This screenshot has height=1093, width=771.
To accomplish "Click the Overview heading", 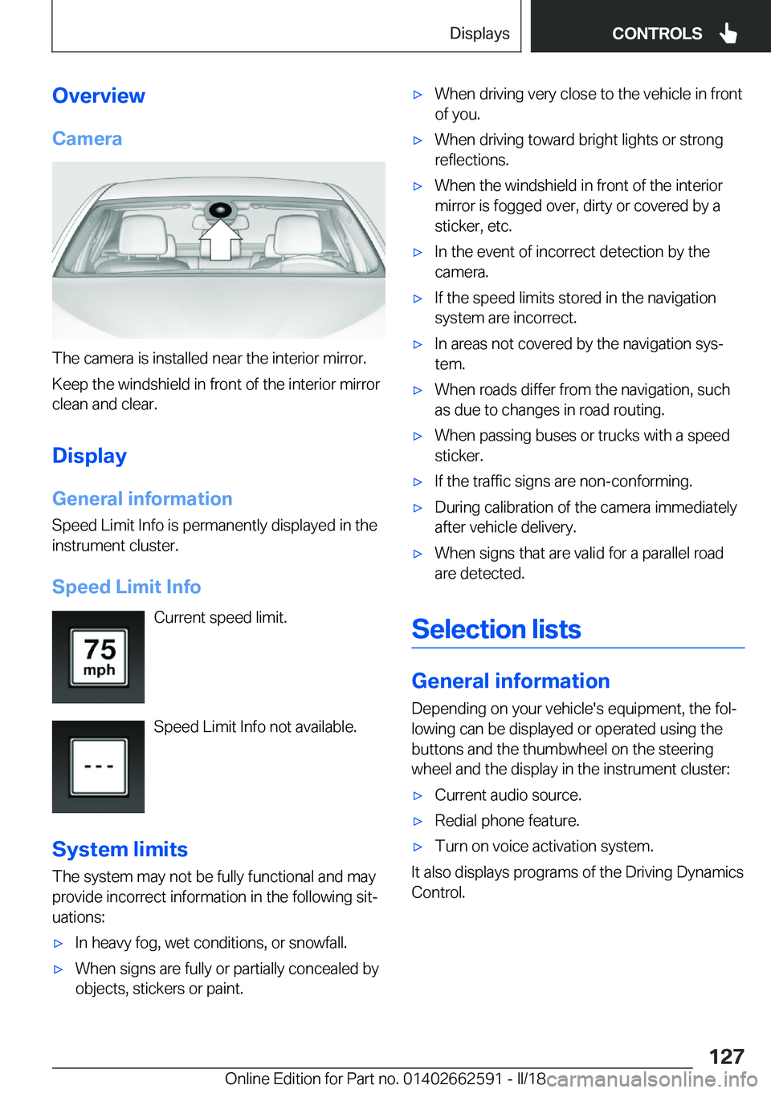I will click(x=99, y=95).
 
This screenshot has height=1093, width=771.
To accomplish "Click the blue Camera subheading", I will click(x=87, y=139).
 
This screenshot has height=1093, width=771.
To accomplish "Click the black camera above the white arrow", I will click(x=219, y=211).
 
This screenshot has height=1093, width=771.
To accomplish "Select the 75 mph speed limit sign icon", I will click(x=99, y=657).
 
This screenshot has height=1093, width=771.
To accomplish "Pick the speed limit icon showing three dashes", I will click(x=99, y=766).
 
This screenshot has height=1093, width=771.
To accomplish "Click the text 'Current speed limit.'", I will click(x=220, y=617).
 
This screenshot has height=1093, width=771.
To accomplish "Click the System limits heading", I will click(x=120, y=849).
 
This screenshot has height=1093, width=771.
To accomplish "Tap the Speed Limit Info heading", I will click(x=126, y=587).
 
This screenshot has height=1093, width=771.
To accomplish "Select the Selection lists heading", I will click(x=496, y=629).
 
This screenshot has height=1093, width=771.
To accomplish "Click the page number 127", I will click(x=726, y=1056).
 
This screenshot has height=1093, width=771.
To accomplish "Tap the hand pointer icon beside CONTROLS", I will click(x=728, y=33).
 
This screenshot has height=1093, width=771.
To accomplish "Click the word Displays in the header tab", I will click(x=479, y=33).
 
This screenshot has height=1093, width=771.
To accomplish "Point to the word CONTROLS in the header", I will click(x=656, y=34).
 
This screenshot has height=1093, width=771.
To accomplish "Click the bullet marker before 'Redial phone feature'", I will click(x=418, y=821).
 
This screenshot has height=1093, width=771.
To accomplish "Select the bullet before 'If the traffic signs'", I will click(x=418, y=481).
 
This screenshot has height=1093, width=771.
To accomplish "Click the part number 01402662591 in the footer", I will click(x=452, y=1079).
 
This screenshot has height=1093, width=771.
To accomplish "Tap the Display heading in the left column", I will click(x=89, y=456).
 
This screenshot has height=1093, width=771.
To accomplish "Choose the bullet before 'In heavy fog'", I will click(x=58, y=943).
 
